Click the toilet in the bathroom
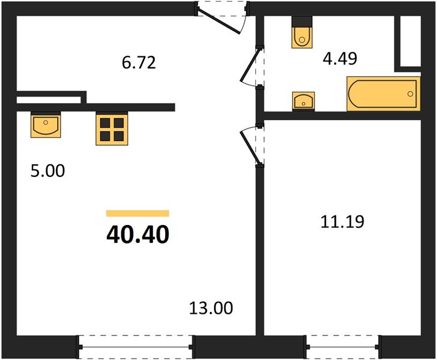(x=302, y=32)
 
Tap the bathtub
(x=384, y=94)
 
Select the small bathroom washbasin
(x=304, y=101)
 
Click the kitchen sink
(x=46, y=125)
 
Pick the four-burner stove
(x=112, y=129)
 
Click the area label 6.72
(x=139, y=62)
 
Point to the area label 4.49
(x=340, y=59)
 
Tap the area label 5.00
(x=47, y=170)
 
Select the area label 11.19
(x=342, y=222)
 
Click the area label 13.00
(x=211, y=308)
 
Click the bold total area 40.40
(x=137, y=235)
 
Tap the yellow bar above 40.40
(x=137, y=213)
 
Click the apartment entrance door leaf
(x=219, y=22)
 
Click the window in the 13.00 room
(x=136, y=347)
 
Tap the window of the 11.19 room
(x=343, y=347)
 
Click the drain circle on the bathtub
(x=410, y=94)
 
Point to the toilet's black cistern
(x=302, y=22)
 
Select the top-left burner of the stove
(x=105, y=122)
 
